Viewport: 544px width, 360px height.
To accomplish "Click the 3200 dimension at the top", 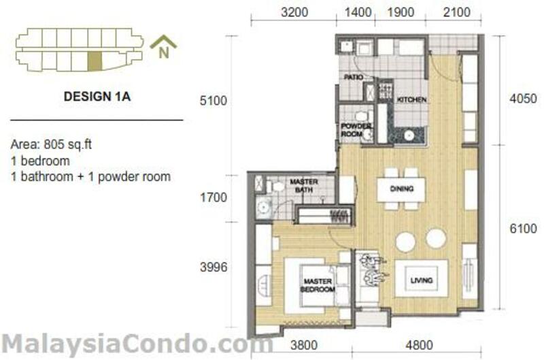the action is tap(294, 12).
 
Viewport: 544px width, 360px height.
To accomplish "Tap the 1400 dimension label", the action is tap(358, 12).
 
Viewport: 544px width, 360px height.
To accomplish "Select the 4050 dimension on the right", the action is tap(523, 99).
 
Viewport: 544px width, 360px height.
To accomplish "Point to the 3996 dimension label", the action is tap(214, 267).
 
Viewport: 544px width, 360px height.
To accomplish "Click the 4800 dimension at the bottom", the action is tap(419, 345).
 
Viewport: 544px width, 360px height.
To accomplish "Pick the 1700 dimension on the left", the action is tap(214, 197).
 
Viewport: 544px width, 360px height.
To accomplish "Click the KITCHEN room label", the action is tap(411, 99).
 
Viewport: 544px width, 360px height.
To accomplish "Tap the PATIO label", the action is tap(354, 77).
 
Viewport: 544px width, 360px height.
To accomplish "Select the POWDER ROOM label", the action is tap(356, 130).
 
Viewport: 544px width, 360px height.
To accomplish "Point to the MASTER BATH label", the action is tap(304, 186).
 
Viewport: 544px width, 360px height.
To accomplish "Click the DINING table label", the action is tap(402, 189).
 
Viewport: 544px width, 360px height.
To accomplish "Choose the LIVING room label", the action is tap(422, 280).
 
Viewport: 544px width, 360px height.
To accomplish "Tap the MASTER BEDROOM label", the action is tap(318, 285).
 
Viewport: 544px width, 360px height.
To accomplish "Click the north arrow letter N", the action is tap(164, 52).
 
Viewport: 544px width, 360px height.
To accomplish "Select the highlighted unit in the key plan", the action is tap(95, 61).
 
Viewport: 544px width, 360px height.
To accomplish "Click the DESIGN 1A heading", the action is tap(97, 96).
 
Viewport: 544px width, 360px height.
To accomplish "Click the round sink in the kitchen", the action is tap(409, 135).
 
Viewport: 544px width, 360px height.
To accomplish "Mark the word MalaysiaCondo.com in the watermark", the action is tap(137, 345).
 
